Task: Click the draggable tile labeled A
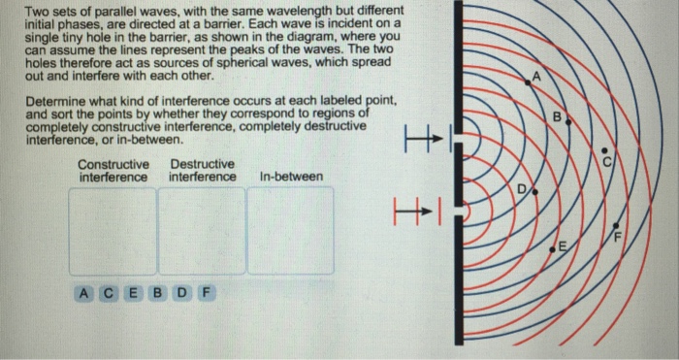point(85,292)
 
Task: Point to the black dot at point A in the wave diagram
point(527,84)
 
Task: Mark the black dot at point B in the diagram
point(568,123)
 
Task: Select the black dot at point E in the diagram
point(552,249)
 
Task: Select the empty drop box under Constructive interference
point(112,231)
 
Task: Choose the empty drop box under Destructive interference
point(201,231)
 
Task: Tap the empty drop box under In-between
point(290,231)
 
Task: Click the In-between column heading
point(292,177)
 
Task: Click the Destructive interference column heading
point(202,171)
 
